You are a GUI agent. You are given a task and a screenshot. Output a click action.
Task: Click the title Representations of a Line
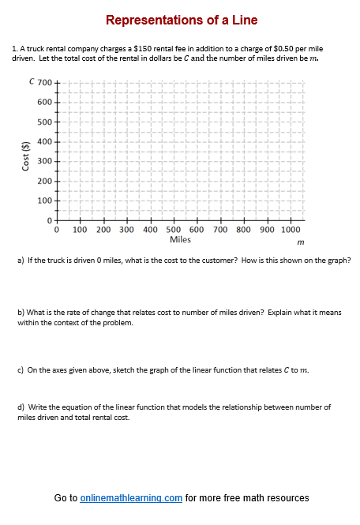(x=181, y=20)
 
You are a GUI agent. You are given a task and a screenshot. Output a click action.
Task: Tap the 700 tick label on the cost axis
(x=44, y=83)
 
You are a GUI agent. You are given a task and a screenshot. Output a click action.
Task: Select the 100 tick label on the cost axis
(x=44, y=201)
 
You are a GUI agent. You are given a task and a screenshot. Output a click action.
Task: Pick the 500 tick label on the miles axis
(x=174, y=231)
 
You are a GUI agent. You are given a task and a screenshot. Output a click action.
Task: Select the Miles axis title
(x=180, y=239)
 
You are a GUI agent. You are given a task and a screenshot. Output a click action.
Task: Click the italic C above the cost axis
(x=32, y=81)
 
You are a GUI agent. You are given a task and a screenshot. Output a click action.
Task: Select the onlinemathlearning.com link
(x=131, y=498)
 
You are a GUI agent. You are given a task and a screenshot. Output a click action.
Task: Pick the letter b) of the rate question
(x=21, y=313)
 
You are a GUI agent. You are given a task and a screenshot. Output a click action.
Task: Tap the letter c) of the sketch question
(x=21, y=369)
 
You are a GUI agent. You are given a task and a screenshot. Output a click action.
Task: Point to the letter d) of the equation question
(x=21, y=407)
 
